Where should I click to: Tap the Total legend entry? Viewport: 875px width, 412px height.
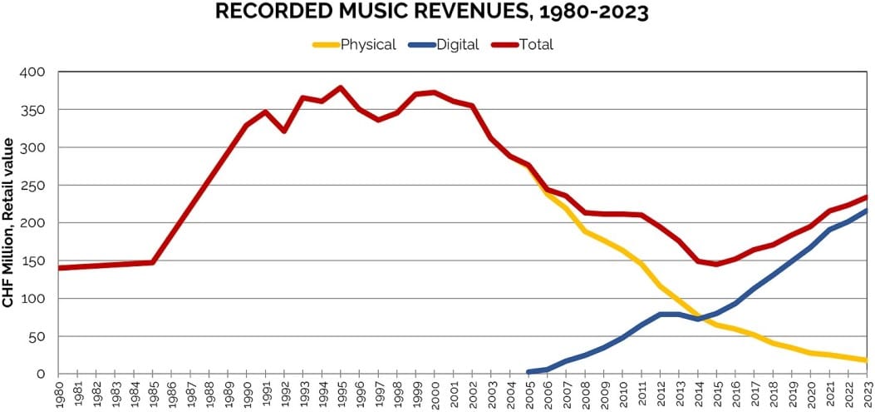click(535, 44)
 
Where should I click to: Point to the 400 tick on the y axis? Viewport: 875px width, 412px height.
click(33, 72)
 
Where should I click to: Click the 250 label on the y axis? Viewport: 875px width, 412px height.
click(33, 186)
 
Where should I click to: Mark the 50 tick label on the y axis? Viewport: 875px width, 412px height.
click(37, 336)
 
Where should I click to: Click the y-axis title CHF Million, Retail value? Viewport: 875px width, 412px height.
click(8, 223)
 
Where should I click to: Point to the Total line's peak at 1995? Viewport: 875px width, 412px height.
click(341, 87)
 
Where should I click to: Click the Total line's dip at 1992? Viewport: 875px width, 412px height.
click(284, 131)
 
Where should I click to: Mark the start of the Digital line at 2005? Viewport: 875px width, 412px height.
click(528, 372)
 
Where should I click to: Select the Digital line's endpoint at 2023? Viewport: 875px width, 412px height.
click(867, 211)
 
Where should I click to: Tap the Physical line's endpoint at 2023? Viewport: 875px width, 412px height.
click(867, 360)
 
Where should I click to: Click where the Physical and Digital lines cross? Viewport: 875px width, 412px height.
click(686, 317)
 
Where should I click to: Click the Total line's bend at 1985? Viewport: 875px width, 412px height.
click(153, 262)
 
